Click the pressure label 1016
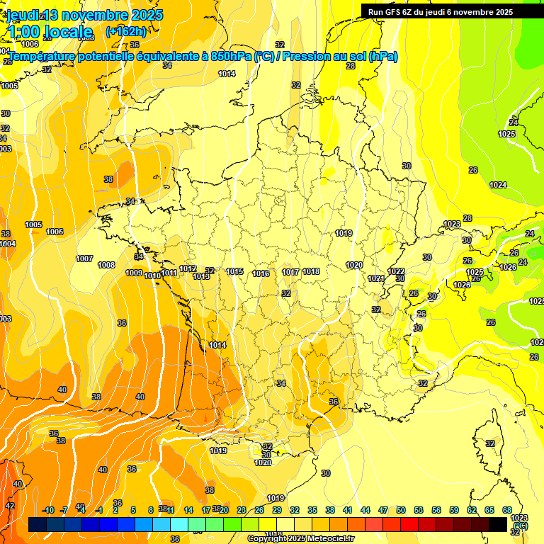coord(261,273)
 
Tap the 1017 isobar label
coord(290,272)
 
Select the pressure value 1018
coord(311,271)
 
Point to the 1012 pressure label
coord(188,268)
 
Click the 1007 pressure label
coord(84,259)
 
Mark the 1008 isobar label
coord(106,265)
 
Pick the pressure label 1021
coord(376,278)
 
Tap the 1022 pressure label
coord(396,271)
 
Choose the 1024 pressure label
coord(498,185)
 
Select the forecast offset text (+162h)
coord(125,31)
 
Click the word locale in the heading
coord(67,31)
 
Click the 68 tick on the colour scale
coord(507,510)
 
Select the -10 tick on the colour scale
coord(49,510)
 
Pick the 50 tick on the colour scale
coord(401,510)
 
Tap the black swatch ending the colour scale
coord(498,525)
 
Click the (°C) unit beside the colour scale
coord(520,526)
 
